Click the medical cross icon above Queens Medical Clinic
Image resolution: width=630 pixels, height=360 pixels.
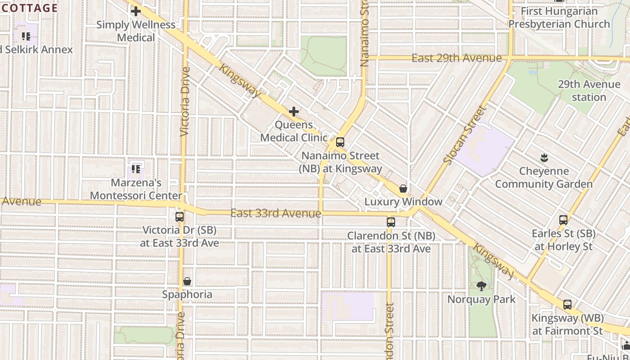pos(294,112)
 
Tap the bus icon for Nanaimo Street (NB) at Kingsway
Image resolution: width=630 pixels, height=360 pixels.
pos(340,142)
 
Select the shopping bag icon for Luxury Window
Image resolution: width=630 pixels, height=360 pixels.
pos(403,189)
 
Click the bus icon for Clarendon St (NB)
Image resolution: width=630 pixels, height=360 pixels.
pos(391,222)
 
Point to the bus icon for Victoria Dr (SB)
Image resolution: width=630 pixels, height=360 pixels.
pos(180,217)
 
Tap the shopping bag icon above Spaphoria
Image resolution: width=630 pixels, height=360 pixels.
pos(187,282)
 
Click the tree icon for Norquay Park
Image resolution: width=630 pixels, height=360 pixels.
pos(481,286)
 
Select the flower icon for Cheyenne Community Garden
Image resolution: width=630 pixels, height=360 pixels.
pos(544,158)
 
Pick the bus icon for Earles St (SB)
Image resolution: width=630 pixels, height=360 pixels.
pos(563,220)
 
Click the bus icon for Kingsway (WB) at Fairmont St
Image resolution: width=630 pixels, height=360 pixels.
pos(567,305)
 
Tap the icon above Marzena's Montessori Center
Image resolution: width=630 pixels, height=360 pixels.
pos(136,170)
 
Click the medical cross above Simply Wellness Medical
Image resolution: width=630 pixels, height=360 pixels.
pos(136,11)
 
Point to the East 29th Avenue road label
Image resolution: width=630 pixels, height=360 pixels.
pos(456,58)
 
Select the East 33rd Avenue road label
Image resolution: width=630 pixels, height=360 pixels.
pos(275,213)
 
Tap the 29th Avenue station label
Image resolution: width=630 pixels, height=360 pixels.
pos(589,91)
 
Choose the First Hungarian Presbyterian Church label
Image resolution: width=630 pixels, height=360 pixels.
pos(559,18)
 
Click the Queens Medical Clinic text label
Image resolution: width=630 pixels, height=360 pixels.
pos(294,131)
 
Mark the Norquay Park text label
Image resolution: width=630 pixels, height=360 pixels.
pos(481,299)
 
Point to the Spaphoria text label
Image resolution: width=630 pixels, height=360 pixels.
pos(187,295)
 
